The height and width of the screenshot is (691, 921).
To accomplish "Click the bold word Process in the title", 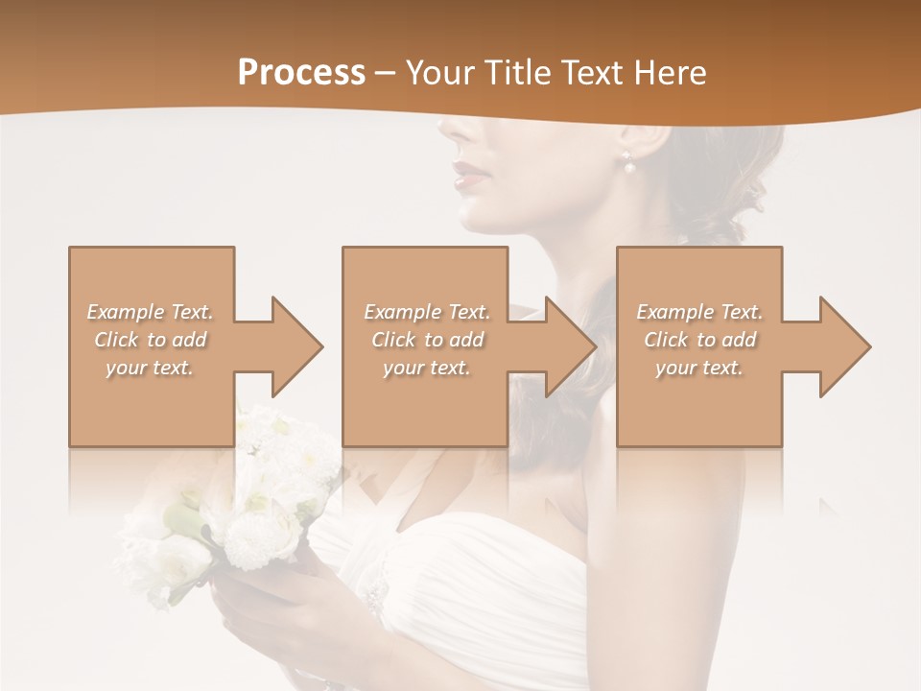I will pyautogui.click(x=301, y=73).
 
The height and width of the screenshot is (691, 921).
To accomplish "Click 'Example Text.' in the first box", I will pyautogui.click(x=150, y=312).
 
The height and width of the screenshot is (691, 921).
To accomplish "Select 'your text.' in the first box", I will pyautogui.click(x=150, y=368).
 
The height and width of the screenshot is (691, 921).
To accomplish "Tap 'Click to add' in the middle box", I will pyautogui.click(x=427, y=340).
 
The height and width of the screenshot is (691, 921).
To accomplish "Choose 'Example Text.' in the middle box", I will pyautogui.click(x=427, y=312).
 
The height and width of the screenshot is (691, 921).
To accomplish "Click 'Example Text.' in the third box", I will pyautogui.click(x=699, y=312).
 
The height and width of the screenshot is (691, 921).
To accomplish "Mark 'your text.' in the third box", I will pyautogui.click(x=699, y=368).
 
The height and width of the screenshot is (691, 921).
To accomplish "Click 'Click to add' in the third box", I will pyautogui.click(x=699, y=340).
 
